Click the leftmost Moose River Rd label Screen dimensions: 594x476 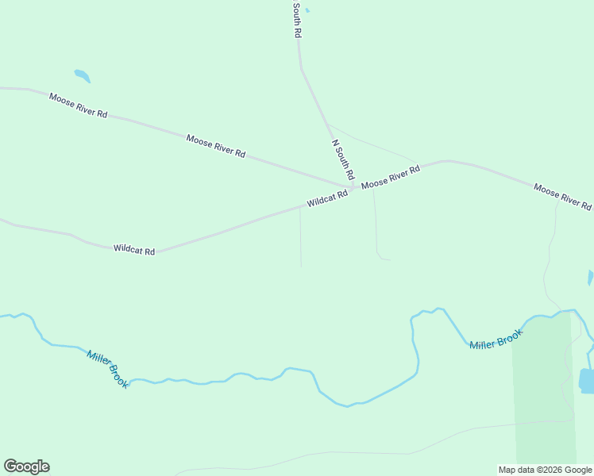[78, 106]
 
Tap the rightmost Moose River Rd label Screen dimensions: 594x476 [562, 197]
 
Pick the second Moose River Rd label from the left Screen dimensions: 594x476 [215, 146]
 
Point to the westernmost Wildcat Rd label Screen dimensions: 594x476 [133, 249]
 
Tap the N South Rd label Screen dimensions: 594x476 [342, 159]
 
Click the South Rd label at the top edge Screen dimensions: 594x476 [297, 21]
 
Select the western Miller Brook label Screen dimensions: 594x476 [108, 370]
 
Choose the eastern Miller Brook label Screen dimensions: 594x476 [496, 340]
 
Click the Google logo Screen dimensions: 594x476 [26, 466]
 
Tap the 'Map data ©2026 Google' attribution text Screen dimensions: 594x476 [545, 470]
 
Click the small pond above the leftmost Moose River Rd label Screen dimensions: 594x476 [82, 76]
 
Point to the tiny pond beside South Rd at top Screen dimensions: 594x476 [307, 10]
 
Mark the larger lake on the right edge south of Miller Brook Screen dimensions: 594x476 [586, 381]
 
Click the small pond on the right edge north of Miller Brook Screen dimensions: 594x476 [590, 278]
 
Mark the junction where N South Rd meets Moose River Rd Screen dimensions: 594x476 [353, 187]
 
